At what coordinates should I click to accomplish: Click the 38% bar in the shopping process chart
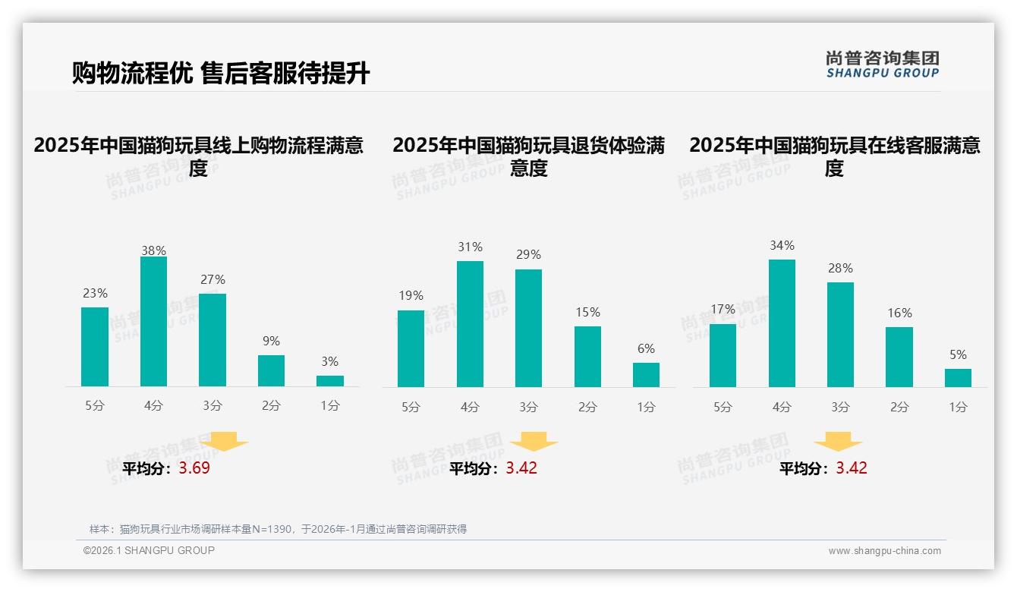click(153, 322)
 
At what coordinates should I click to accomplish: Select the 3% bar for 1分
click(330, 381)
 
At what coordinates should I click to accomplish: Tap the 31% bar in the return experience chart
click(470, 324)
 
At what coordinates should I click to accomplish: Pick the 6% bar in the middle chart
click(646, 375)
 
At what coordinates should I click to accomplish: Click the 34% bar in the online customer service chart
click(782, 323)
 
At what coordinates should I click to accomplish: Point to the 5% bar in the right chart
click(958, 378)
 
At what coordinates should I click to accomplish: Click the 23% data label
click(95, 294)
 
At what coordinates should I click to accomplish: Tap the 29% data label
click(528, 255)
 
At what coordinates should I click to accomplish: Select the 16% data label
click(899, 313)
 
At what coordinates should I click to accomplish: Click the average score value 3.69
click(194, 468)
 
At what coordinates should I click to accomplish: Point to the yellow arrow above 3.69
click(225, 440)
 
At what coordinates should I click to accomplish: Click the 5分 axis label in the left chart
click(95, 406)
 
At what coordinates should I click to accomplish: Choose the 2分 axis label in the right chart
click(899, 408)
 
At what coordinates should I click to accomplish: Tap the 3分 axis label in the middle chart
click(528, 408)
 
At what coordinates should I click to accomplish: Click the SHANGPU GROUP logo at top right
click(882, 65)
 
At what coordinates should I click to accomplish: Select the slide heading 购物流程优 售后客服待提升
click(221, 74)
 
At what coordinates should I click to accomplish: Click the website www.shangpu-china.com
click(884, 551)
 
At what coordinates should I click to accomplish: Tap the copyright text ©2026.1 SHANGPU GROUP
click(149, 550)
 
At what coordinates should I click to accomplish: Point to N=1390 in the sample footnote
click(272, 529)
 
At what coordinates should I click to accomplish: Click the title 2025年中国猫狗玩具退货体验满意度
click(528, 156)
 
